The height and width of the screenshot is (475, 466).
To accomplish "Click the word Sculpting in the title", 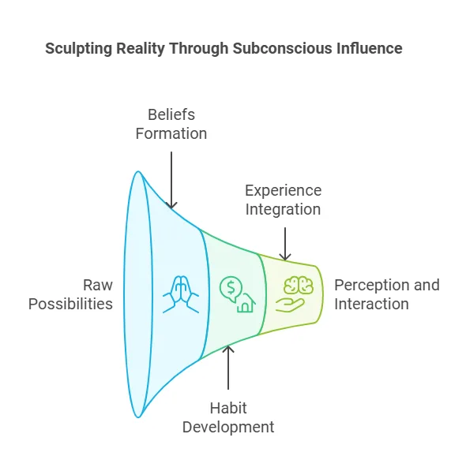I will (x=77, y=48).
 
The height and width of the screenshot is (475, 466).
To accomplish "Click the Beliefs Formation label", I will (x=171, y=125).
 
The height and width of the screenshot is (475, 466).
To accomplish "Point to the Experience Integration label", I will (x=283, y=200).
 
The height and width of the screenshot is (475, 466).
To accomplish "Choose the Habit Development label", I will (x=228, y=417).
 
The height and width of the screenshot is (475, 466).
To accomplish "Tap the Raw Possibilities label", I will (x=71, y=294).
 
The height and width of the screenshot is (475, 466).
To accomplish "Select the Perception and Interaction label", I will (x=387, y=294).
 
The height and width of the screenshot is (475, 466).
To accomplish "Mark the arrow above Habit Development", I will (x=229, y=368).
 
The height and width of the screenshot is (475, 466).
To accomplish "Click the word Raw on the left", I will (x=98, y=285).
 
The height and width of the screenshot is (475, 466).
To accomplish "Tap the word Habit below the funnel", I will (x=228, y=409).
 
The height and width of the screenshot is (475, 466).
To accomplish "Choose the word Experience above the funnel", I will (x=283, y=191).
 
